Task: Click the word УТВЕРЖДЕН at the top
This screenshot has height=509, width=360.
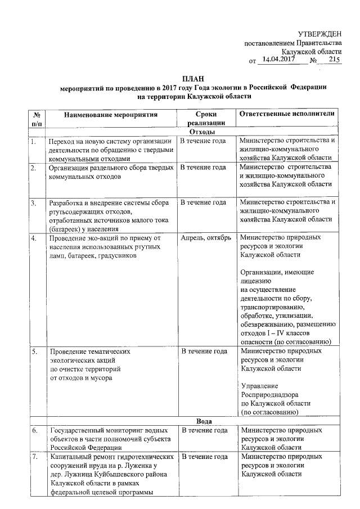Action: [x=319, y=34]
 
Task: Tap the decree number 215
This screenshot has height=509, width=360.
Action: [x=335, y=59]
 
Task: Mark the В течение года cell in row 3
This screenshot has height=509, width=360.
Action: [x=203, y=202]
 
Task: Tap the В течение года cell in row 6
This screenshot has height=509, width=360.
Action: [x=203, y=430]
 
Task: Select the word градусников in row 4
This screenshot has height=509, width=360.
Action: [x=120, y=256]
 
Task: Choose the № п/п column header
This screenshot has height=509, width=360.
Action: [x=37, y=118]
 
